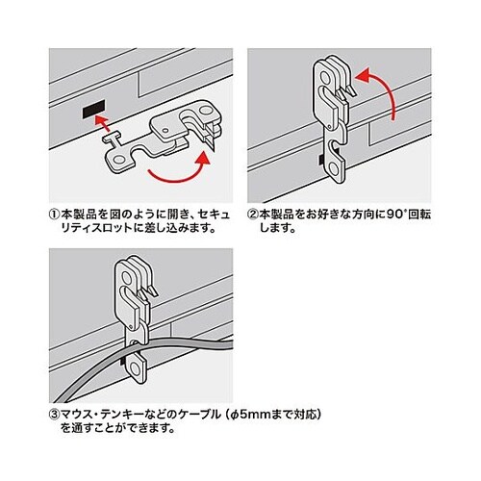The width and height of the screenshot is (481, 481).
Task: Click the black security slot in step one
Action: [94, 109]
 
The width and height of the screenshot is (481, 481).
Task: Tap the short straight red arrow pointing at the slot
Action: [103, 124]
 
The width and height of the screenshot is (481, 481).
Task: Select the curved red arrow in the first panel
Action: [180, 168]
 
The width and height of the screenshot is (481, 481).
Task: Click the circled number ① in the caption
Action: [55, 214]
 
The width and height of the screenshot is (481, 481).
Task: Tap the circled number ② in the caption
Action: [253, 214]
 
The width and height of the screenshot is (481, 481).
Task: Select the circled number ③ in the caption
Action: [55, 415]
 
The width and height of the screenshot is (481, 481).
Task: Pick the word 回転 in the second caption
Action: [419, 214]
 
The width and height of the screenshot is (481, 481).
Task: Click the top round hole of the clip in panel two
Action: [325, 78]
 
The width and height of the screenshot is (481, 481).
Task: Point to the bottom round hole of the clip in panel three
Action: [137, 369]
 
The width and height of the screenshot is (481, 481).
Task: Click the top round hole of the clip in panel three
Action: [127, 278]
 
